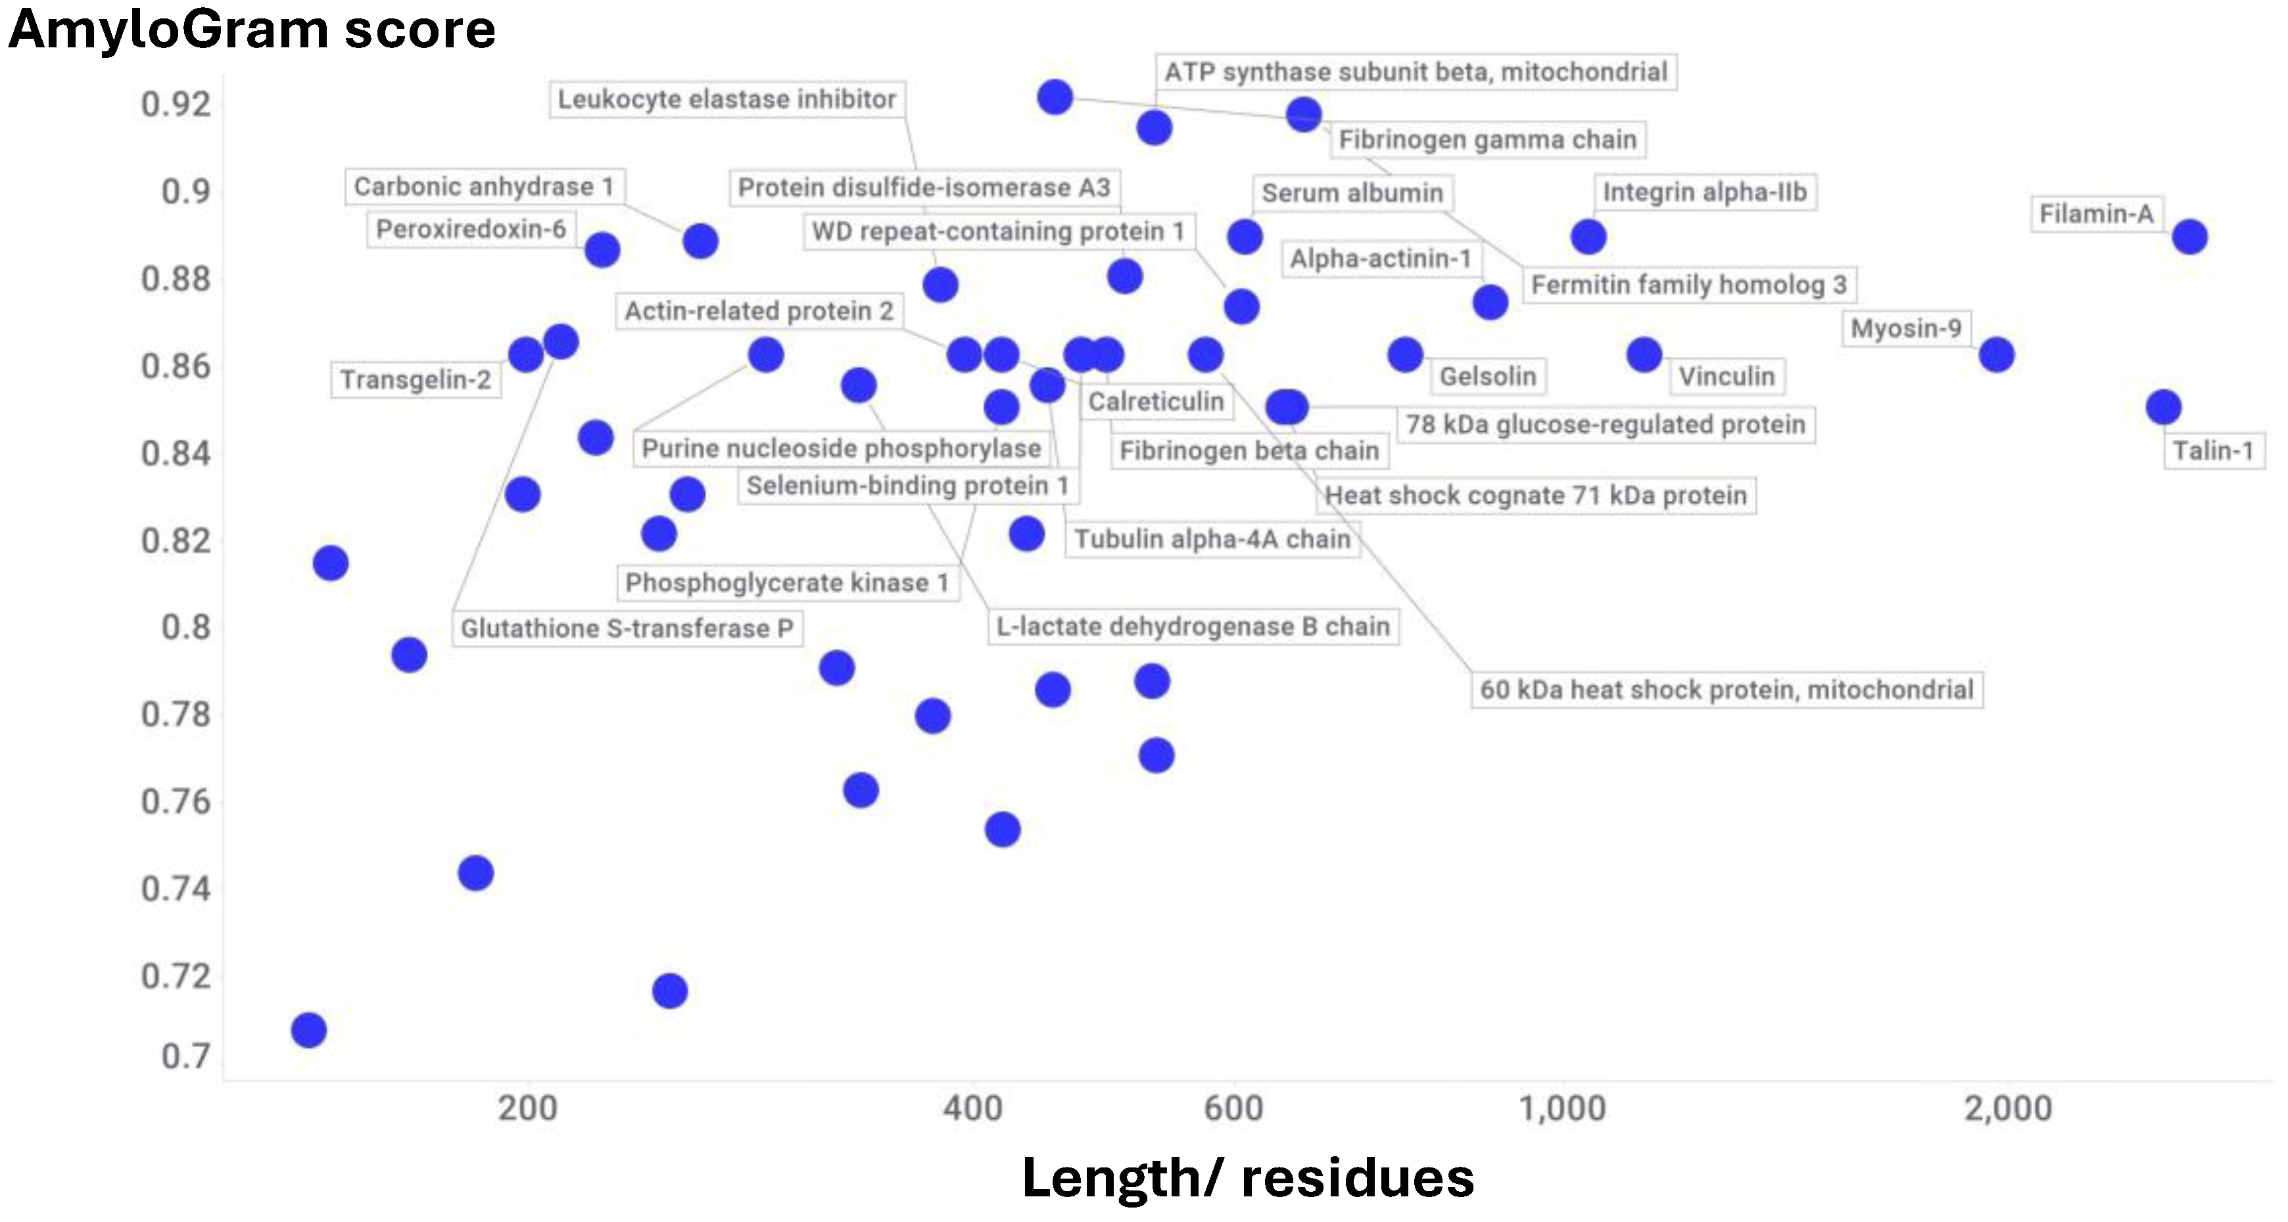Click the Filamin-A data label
pos(2096,214)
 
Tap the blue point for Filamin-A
pos(2189,237)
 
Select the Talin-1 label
pos(2212,451)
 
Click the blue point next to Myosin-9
pos(1997,354)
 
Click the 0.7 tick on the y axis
pos(185,1056)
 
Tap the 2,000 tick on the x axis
pos(2007,1108)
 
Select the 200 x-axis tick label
pos(527,1108)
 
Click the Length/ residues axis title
pos(1248,1177)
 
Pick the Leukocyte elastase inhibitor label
pos(727,99)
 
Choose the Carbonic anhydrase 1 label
pos(484,187)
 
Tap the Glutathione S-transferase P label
pos(626,629)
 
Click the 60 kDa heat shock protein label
pos(1726,690)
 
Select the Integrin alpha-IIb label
pos(1704,192)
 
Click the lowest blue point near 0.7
pos(308,1030)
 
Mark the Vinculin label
pos(1726,377)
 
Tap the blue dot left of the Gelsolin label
pos(1405,354)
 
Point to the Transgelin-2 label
pos(415,380)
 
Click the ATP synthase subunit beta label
pos(1416,72)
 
